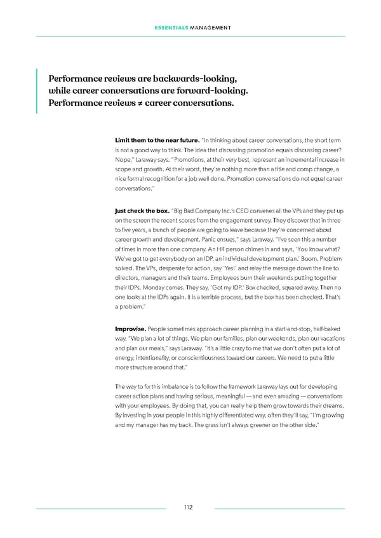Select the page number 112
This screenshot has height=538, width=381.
click(x=189, y=508)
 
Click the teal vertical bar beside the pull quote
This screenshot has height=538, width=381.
click(x=37, y=91)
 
